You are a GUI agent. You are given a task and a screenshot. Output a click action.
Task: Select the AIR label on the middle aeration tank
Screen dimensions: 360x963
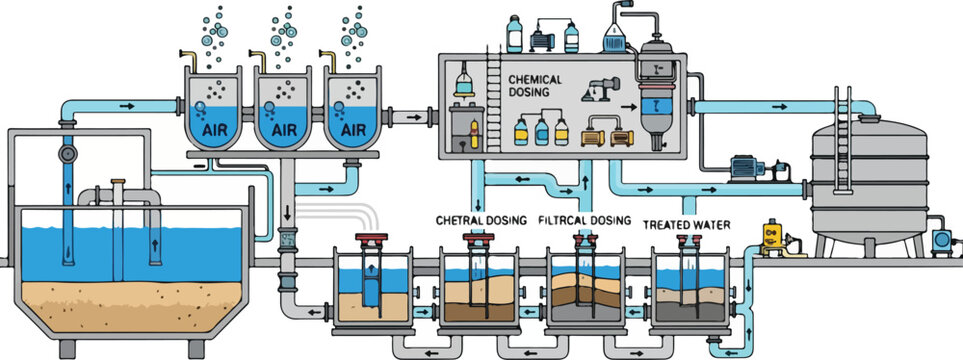click(x=284, y=130)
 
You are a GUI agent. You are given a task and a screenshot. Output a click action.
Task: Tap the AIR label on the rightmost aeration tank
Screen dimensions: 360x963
click(x=352, y=130)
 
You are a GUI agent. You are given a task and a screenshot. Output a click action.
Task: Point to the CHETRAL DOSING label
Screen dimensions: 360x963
click(x=481, y=220)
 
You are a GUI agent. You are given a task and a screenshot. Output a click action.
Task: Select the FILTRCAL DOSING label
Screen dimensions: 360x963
click(x=585, y=220)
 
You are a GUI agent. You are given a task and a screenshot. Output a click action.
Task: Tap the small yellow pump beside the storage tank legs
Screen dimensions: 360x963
click(x=771, y=237)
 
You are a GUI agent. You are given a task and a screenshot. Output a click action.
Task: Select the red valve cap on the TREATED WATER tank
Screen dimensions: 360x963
click(x=689, y=241)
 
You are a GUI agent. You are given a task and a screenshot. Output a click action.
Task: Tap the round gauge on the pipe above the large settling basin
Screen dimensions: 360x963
click(x=68, y=156)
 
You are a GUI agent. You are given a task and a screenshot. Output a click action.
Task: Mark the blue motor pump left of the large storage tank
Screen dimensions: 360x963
click(x=746, y=168)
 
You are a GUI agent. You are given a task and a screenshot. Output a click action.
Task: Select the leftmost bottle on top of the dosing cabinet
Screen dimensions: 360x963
click(x=515, y=33)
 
